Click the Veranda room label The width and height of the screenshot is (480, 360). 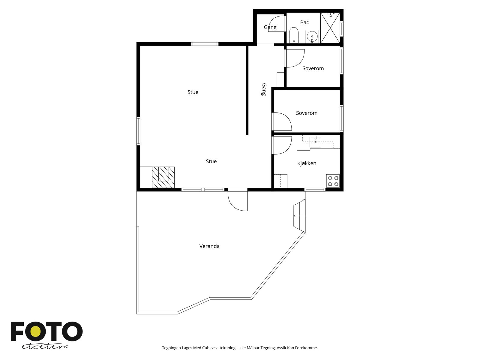209,246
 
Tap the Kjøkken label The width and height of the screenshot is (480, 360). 307,163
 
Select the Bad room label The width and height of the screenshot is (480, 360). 304,22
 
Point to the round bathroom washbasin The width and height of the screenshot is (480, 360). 312,37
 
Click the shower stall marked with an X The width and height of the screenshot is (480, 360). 330,28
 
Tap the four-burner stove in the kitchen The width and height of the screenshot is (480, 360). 333,181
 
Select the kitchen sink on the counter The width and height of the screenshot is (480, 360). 315,142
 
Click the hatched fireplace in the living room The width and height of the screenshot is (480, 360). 163,177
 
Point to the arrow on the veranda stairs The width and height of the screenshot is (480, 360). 299,216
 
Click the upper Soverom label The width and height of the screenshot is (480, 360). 313,68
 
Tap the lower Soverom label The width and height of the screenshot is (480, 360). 307,113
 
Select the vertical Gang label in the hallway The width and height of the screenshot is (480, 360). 264,89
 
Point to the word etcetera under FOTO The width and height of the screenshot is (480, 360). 45,347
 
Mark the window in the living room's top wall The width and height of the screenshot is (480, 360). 205,44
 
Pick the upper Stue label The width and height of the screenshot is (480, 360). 193,92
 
